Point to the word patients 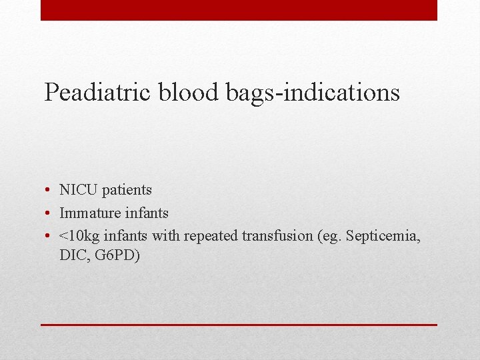[x=127, y=190]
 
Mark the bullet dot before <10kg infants [x=49, y=236]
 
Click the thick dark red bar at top [x=239, y=10]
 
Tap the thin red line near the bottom [x=239, y=325]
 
